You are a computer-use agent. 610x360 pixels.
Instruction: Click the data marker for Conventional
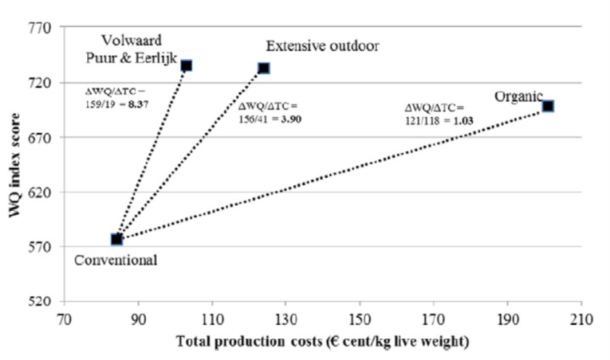click(116, 239)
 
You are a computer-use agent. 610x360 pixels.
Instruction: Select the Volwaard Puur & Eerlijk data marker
click(187, 65)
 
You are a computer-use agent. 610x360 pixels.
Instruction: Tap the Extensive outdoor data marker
click(264, 67)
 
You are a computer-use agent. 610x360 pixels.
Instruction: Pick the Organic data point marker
click(548, 106)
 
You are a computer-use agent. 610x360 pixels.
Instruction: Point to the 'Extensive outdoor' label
click(322, 46)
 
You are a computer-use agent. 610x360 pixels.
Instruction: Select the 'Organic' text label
click(518, 97)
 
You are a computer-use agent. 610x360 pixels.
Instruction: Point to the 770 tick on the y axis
click(39, 28)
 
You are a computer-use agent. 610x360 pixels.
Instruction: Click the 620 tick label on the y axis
click(39, 192)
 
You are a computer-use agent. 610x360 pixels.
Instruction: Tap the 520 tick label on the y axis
click(39, 301)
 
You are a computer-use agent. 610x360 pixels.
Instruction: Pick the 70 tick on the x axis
click(64, 317)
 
